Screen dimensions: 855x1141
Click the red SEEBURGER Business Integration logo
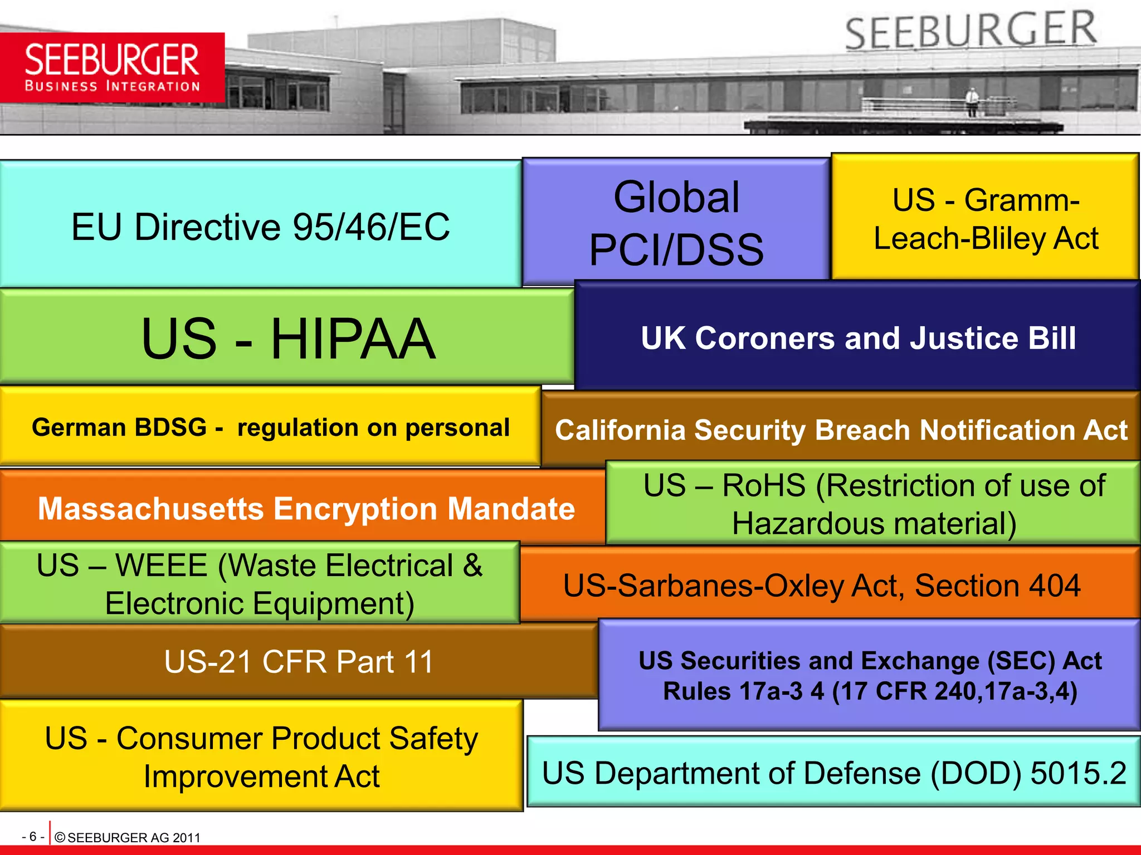pos(112,67)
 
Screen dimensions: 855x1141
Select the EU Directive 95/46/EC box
pos(260,225)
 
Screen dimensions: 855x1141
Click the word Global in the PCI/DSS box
pos(676,197)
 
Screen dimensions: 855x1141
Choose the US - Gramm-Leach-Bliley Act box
pos(985,218)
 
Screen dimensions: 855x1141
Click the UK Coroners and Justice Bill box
pos(858,337)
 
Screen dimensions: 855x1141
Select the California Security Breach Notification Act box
pos(841,430)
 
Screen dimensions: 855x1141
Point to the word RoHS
pos(763,485)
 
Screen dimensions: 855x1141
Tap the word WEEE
pos(161,566)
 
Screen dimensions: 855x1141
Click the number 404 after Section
pos(1054,586)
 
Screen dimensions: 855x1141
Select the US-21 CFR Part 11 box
pos(299,661)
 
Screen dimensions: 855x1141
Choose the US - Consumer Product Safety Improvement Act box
pos(261,756)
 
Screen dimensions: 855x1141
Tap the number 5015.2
pos(1078,773)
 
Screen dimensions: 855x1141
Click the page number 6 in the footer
pos(33,837)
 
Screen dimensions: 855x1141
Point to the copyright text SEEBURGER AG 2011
pos(133,838)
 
